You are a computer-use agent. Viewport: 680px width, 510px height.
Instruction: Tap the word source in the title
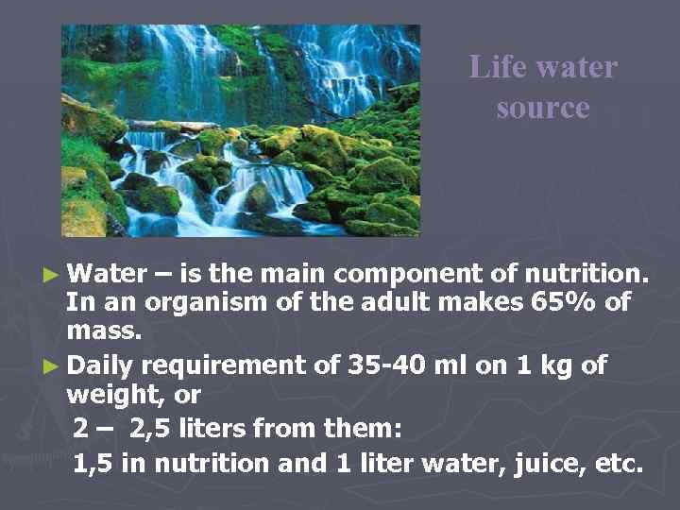point(542,107)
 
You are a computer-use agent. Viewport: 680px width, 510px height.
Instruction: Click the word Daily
point(102,364)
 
